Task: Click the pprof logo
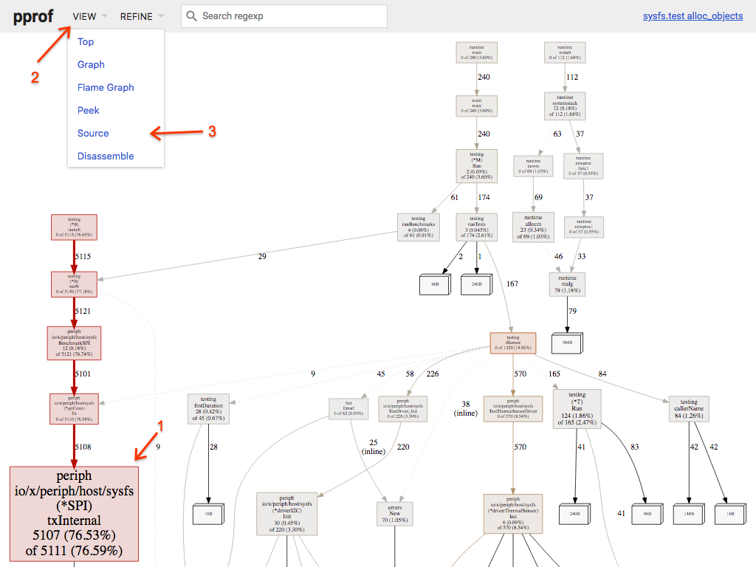click(32, 16)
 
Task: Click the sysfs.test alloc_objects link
click(693, 16)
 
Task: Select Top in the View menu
click(86, 42)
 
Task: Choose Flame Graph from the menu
click(106, 87)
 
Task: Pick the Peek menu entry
click(88, 110)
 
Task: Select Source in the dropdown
click(93, 133)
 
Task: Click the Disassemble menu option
click(106, 156)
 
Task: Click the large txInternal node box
click(74, 512)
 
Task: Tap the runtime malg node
click(567, 284)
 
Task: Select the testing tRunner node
click(512, 343)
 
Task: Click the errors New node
click(394, 514)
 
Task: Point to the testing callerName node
click(689, 408)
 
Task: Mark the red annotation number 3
click(212, 131)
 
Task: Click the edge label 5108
click(82, 447)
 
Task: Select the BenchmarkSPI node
click(74, 343)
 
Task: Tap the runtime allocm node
click(533, 227)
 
